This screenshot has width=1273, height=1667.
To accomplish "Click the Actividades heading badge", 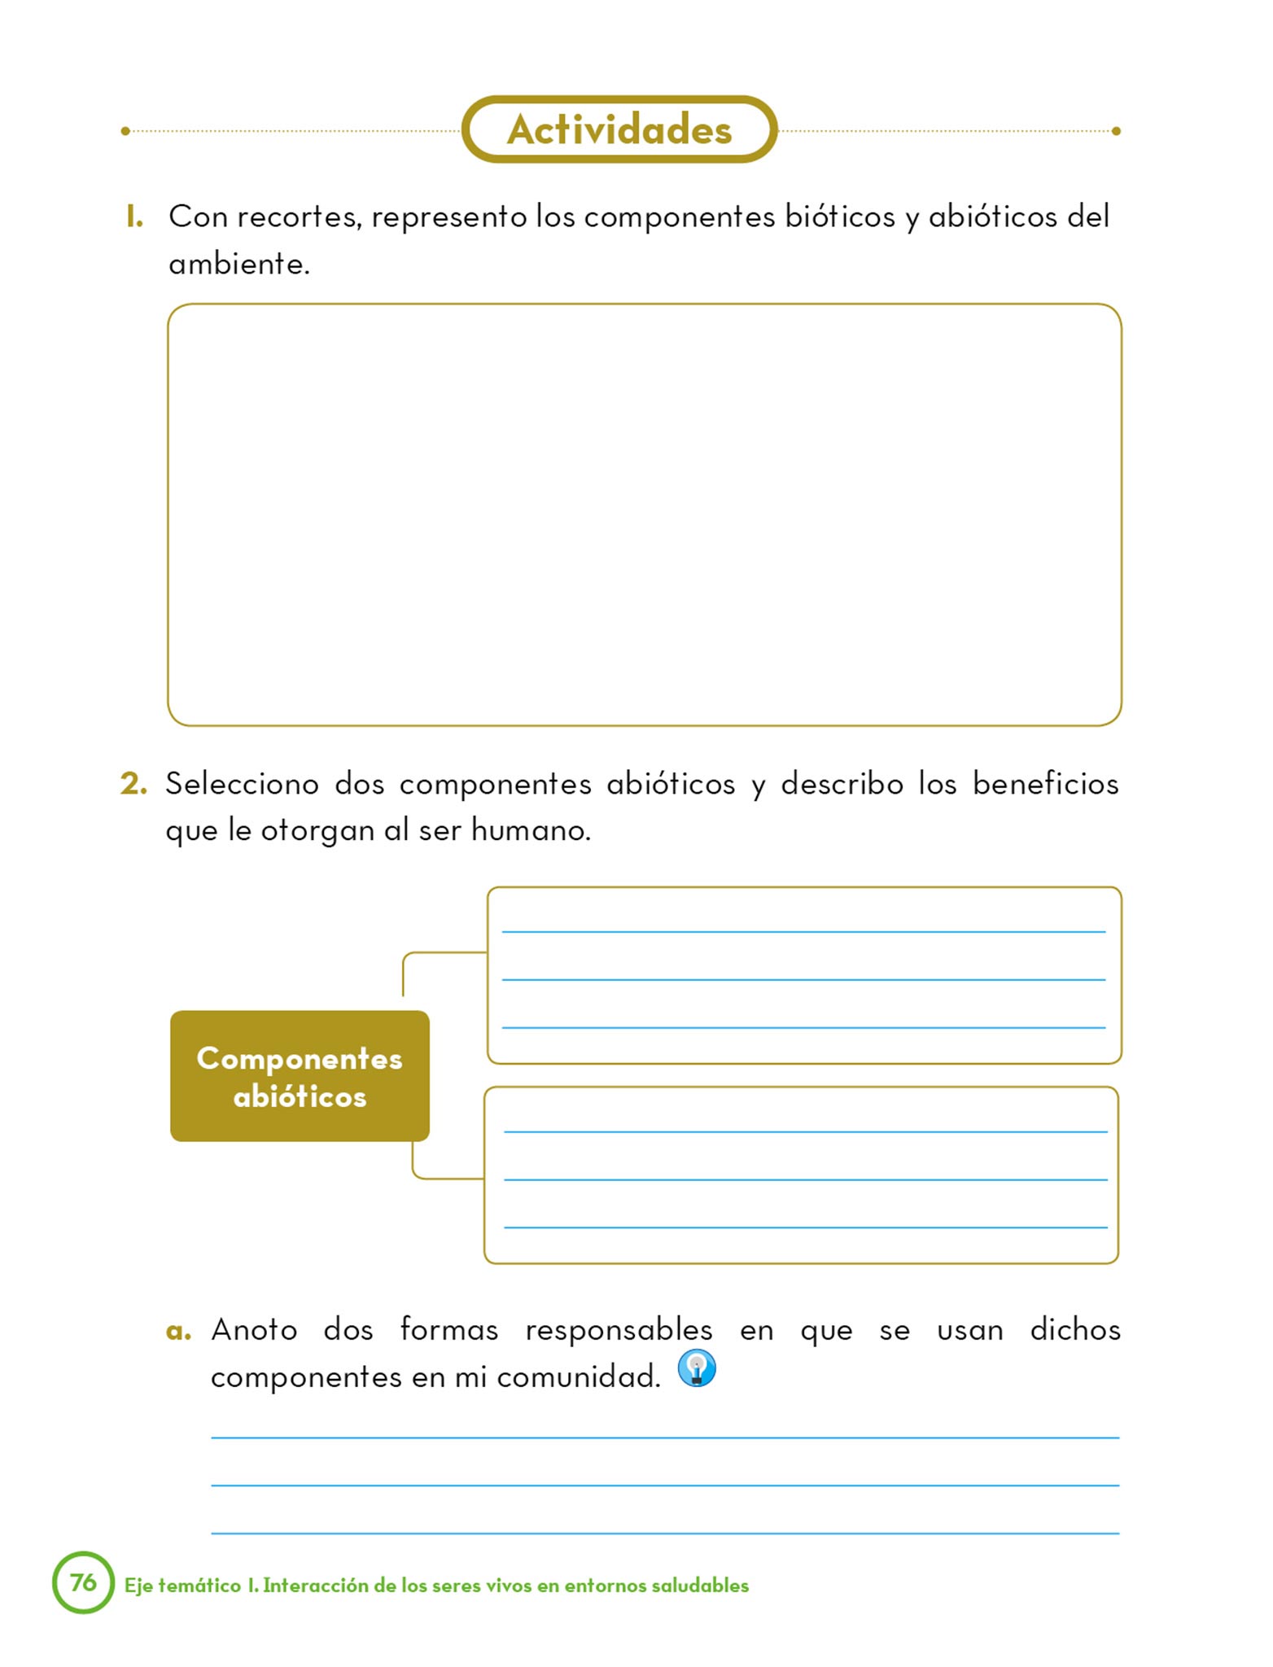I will pos(619,129).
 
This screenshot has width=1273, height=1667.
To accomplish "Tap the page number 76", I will pos(83,1582).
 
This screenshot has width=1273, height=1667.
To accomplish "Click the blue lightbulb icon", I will pos(697,1368).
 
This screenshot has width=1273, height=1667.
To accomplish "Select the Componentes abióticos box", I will pos(300,1076).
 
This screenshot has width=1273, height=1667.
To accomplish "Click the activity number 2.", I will pos(133,784).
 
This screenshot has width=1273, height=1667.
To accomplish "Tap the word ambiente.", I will pos(238,265).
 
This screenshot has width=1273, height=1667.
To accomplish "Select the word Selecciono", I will pos(243,784).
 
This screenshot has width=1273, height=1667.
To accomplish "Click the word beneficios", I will pos(1045,784).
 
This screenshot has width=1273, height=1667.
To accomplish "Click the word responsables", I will pos(619,1330).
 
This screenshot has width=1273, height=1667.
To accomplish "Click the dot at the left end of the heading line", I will pos(125,131).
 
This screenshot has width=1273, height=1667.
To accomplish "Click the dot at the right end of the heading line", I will pos(1116,131).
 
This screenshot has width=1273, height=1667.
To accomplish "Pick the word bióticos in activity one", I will pos(839,217).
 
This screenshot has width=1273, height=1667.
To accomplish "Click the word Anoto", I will pos(254,1330).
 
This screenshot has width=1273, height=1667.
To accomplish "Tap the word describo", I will pos(842,784).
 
